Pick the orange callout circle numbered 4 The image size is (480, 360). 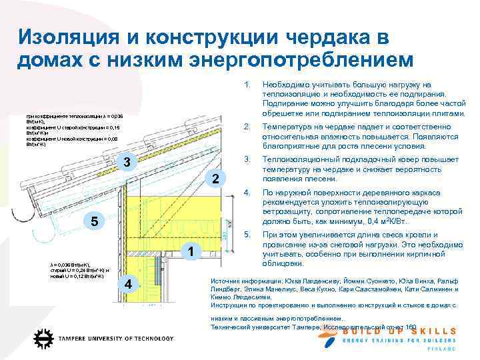[x=129, y=285]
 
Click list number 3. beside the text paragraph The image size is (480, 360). [x=247, y=159]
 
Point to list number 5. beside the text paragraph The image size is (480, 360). [x=247, y=235]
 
